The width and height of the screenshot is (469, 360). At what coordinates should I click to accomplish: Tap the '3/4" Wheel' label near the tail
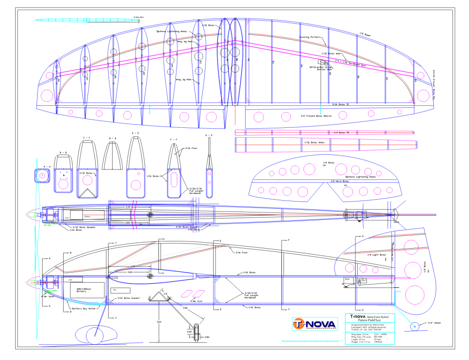tap(434, 323)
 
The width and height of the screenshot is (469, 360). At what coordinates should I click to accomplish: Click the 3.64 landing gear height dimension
tap(158, 322)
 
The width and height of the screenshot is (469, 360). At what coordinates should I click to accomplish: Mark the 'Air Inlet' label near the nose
tap(49, 296)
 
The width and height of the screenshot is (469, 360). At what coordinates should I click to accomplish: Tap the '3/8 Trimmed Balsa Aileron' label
tap(316, 116)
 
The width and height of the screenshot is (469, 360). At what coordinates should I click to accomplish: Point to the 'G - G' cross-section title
tap(209, 135)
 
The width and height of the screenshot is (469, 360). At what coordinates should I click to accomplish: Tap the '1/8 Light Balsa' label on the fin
tap(377, 255)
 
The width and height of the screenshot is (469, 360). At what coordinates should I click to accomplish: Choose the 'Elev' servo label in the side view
tap(364, 280)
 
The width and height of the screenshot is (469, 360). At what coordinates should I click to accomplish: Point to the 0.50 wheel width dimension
tap(207, 338)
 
